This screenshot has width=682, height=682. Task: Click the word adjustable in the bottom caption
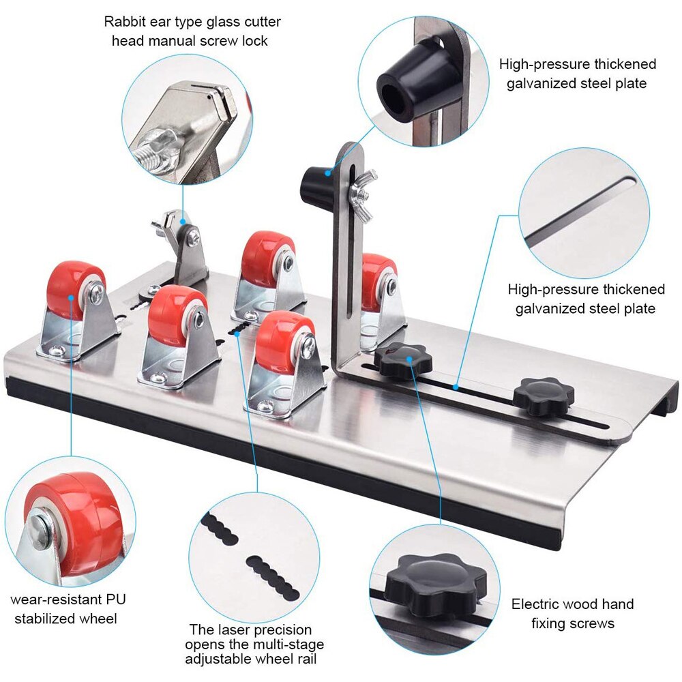(221, 659)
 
